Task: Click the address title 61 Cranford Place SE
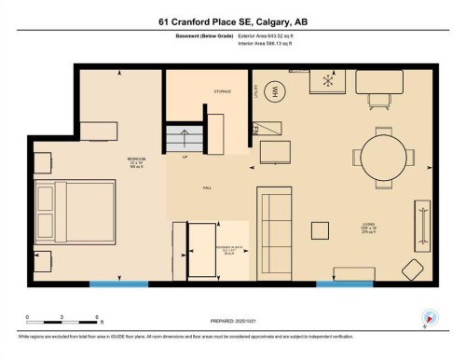(232, 21)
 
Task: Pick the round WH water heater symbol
(275, 91)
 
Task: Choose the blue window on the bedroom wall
(117, 284)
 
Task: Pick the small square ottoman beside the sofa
(321, 230)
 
